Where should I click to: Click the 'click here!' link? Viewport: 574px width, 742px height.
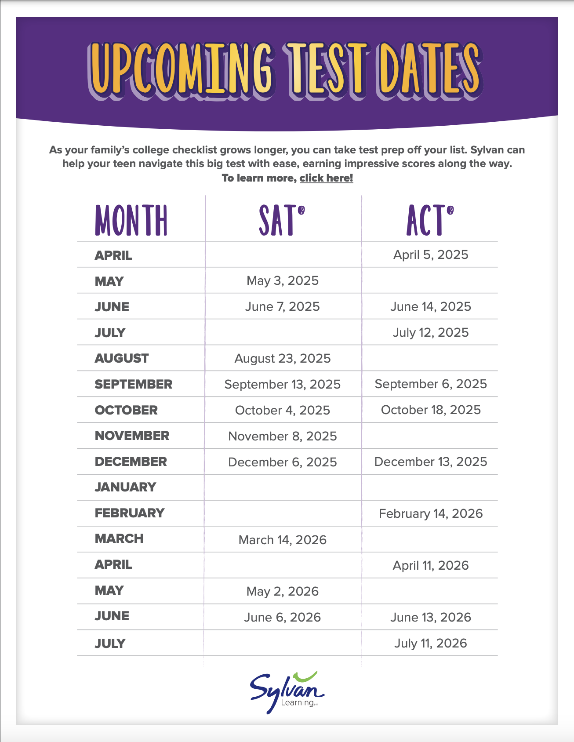tap(326, 178)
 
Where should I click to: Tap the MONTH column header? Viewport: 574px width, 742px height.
tap(131, 220)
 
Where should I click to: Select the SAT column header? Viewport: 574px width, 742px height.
tap(282, 220)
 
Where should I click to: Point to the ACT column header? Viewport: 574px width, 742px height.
tap(429, 220)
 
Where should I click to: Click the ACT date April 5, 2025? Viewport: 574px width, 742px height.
tap(431, 255)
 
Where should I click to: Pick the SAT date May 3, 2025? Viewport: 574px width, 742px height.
tap(283, 281)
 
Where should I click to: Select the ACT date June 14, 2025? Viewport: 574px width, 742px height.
tap(431, 307)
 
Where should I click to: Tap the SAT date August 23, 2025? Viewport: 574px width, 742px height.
tap(283, 359)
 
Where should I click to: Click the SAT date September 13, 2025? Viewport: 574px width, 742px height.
tap(283, 385)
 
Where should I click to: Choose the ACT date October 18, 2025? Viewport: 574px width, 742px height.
tap(431, 410)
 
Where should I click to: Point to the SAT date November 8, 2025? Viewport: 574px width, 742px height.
tap(283, 436)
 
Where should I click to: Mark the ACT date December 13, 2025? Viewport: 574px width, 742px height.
tap(431, 462)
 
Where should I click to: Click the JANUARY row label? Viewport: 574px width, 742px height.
tap(126, 487)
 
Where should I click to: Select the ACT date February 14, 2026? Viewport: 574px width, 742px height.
tap(431, 514)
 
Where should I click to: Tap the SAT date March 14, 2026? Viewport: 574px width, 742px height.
tap(283, 540)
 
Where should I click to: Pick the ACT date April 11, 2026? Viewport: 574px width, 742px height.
tap(431, 566)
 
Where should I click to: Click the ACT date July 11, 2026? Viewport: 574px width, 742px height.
tap(431, 644)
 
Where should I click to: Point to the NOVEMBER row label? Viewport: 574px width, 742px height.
tap(132, 436)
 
